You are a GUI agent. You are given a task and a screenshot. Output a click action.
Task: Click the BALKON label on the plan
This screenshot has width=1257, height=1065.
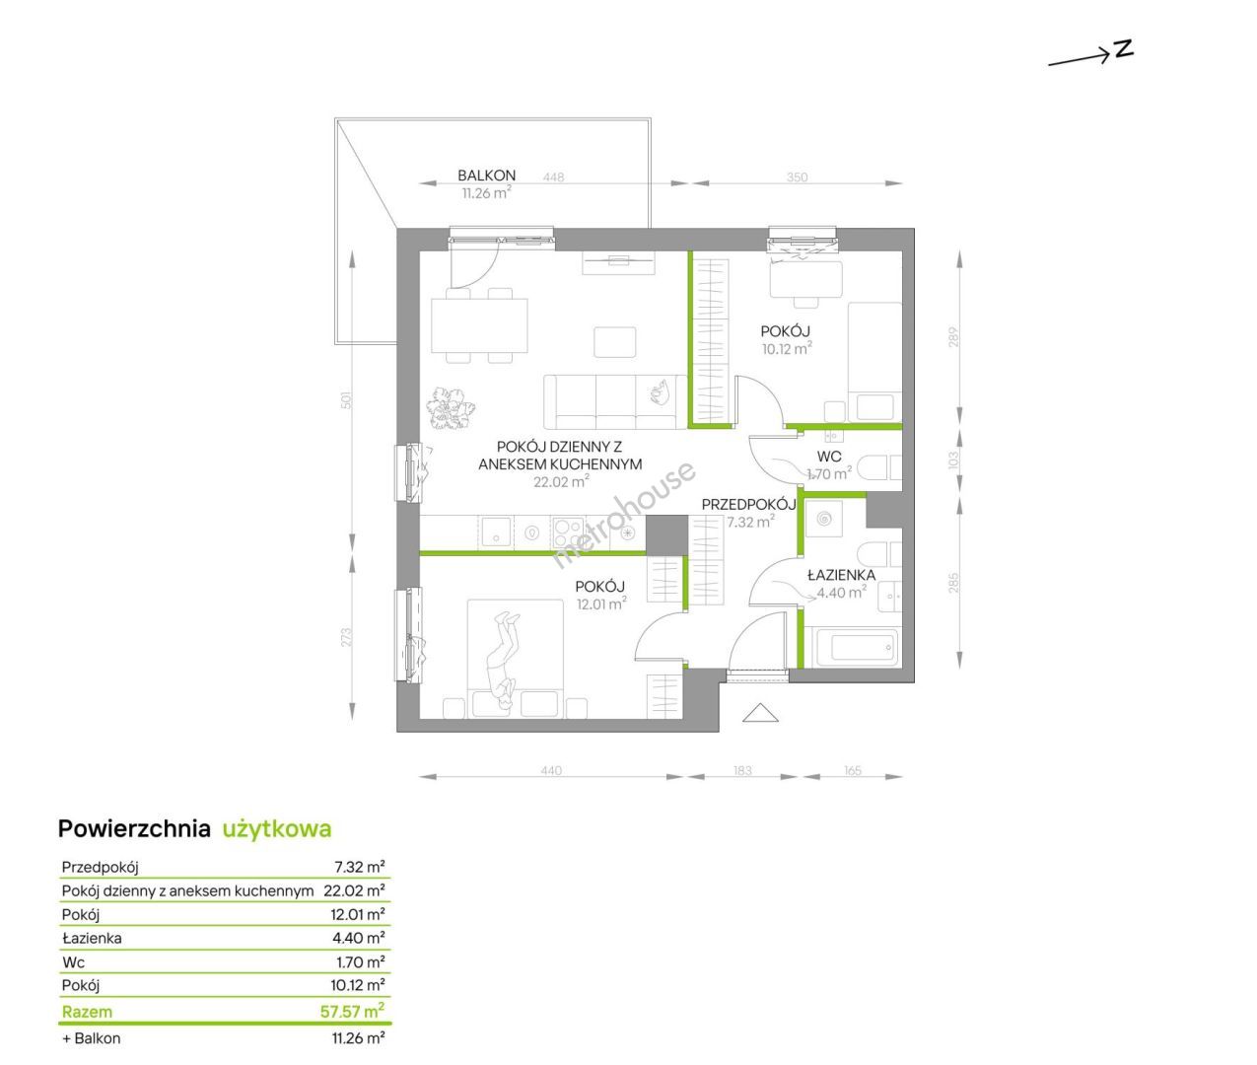pos(486,176)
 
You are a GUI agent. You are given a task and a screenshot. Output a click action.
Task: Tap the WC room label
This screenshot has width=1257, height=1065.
pos(829,457)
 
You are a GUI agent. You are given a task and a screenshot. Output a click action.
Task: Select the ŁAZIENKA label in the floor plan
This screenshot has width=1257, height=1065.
pos(841,575)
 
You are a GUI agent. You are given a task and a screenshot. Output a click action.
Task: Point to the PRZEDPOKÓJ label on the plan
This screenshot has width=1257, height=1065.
pos(748,504)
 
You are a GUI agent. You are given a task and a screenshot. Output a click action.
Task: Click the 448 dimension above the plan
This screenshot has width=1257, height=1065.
pos(553,177)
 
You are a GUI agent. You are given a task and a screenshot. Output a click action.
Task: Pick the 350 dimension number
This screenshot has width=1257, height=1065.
pos(797,177)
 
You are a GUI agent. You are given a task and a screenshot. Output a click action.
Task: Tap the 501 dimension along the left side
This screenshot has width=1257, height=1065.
pos(346,400)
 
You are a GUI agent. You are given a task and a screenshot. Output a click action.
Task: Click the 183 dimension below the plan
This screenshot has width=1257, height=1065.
pos(742,770)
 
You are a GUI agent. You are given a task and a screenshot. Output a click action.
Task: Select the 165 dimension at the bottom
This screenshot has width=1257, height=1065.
pos(853,770)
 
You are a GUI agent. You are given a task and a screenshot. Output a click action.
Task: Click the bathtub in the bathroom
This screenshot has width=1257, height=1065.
pos(857,648)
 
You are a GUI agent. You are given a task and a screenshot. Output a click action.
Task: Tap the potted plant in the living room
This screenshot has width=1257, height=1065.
pos(451,408)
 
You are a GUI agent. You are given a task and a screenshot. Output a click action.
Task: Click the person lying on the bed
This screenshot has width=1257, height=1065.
pos(504,661)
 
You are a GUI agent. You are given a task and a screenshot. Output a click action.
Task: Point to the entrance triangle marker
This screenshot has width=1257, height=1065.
pos(760,712)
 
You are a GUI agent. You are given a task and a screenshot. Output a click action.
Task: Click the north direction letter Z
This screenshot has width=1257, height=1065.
pos(1124,48)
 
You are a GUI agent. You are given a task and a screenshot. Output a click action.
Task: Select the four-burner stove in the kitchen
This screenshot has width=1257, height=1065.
pos(568,533)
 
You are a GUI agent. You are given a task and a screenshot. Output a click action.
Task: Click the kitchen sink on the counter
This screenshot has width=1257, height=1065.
pos(496,532)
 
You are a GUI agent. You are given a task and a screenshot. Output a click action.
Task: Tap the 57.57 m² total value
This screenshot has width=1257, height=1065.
pos(352,1012)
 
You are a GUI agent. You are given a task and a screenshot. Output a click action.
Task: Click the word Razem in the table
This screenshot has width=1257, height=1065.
pos(87,1012)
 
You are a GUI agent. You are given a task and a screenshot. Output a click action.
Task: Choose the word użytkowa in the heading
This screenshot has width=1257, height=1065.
pos(277,830)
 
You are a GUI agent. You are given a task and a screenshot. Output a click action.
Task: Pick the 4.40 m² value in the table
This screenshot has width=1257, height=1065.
pos(358,938)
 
